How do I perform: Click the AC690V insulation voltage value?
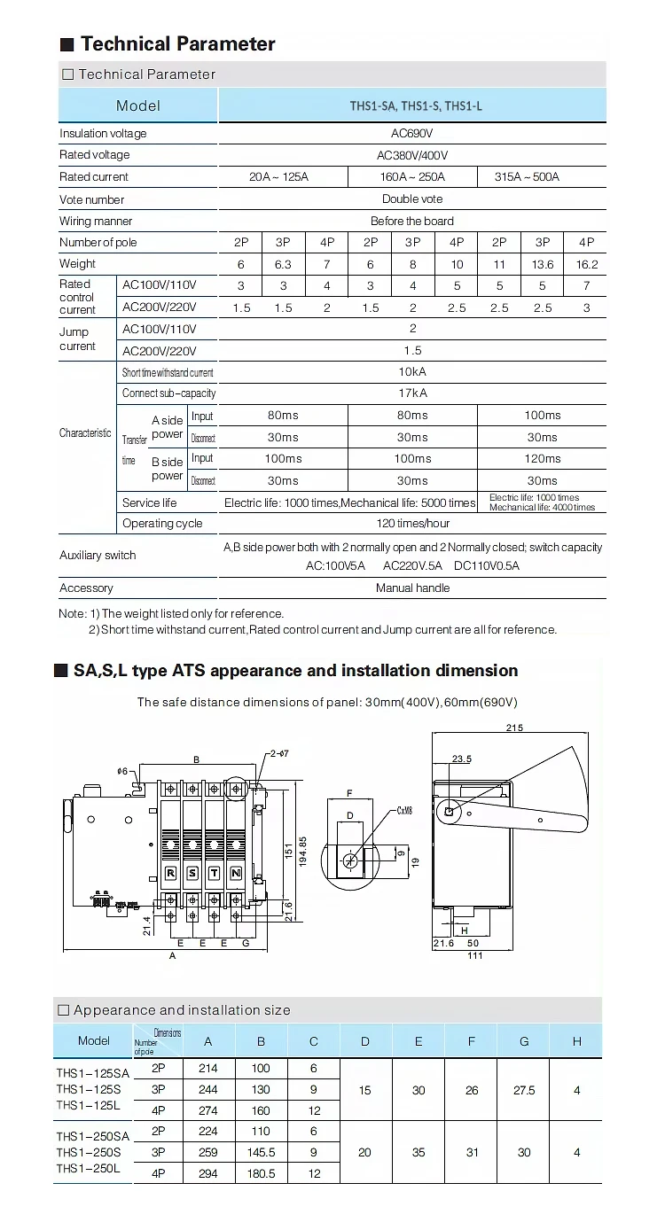pyautogui.click(x=412, y=134)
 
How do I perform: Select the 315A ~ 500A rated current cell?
pyautogui.click(x=527, y=177)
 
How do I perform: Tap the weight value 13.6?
pyautogui.click(x=543, y=264)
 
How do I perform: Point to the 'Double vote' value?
pyautogui.click(x=412, y=199)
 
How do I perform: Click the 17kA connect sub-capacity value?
pyautogui.click(x=412, y=393)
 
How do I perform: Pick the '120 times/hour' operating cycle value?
pyautogui.click(x=412, y=524)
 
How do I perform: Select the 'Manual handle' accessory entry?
pyautogui.click(x=412, y=588)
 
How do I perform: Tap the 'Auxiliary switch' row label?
pyautogui.click(x=98, y=556)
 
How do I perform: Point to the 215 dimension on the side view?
pyautogui.click(x=515, y=728)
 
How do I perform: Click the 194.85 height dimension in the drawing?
pyautogui.click(x=302, y=852)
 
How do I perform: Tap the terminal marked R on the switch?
pyautogui.click(x=170, y=873)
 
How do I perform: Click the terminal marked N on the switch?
pyautogui.click(x=236, y=873)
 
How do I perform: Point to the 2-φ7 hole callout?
pyautogui.click(x=278, y=753)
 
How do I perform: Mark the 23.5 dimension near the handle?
pyautogui.click(x=461, y=759)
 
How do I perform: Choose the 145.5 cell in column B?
pyautogui.click(x=261, y=1153)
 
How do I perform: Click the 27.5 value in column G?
pyautogui.click(x=524, y=1090)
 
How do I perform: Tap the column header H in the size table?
pyautogui.click(x=576, y=1041)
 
